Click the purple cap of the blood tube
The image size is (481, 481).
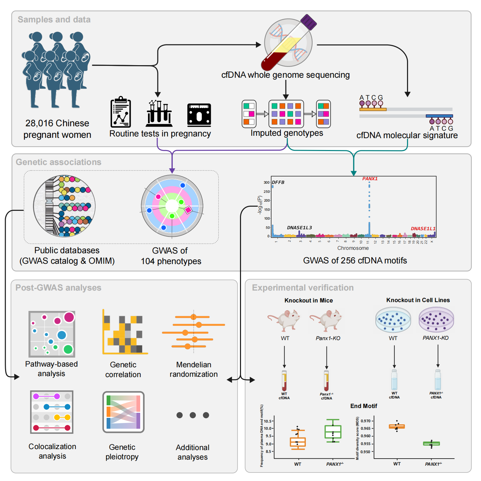pyautogui.click(x=309, y=22)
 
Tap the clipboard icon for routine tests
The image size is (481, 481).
pyautogui.click(x=121, y=113)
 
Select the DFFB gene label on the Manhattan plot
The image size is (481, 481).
pyautogui.click(x=278, y=182)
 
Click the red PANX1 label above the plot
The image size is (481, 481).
pyautogui.click(x=370, y=179)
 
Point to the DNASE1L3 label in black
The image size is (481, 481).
pyautogui.click(x=299, y=228)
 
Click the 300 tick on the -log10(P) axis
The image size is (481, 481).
pyautogui.click(x=266, y=183)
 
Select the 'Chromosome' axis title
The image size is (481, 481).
pyautogui.click(x=353, y=248)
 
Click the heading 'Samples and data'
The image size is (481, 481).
pyautogui.click(x=54, y=20)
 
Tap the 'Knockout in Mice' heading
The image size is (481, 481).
pyautogui.click(x=309, y=300)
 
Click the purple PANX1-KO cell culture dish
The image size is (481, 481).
pyautogui.click(x=436, y=320)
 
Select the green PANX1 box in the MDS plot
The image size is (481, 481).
pyautogui.click(x=431, y=443)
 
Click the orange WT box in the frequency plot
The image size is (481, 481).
pyautogui.click(x=298, y=442)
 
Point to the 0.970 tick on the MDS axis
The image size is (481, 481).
pyautogui.click(x=366, y=421)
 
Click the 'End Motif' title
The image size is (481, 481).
pyautogui.click(x=364, y=406)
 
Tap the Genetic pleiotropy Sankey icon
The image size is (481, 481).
pyautogui.click(x=124, y=412)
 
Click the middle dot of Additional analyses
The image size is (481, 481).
pyautogui.click(x=193, y=415)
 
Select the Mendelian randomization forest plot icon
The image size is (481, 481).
pyautogui.click(x=193, y=332)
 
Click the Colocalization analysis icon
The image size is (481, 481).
pyautogui.click(x=52, y=412)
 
